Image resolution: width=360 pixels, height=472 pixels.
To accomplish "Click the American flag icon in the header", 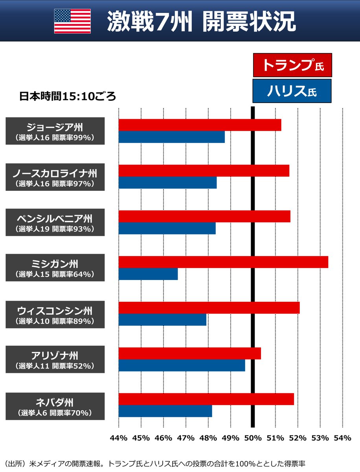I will [72, 21].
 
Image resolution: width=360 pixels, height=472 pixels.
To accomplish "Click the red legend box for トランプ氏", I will [292, 65].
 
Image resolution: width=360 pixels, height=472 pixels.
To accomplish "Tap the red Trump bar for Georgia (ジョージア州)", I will [200, 125].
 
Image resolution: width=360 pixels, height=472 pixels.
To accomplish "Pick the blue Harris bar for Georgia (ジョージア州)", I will [171, 137].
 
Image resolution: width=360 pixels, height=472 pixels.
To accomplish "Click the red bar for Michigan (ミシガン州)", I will [223, 262].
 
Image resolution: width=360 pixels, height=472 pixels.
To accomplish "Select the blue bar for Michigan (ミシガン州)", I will [148, 274].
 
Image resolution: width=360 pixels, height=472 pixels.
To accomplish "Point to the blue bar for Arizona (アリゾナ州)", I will [182, 365].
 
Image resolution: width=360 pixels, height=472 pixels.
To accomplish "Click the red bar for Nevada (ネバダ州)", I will [206, 399].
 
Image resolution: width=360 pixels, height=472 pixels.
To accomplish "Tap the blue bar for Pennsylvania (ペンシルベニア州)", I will [167, 228].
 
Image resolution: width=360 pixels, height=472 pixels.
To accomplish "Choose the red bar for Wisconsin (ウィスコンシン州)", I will [209, 308].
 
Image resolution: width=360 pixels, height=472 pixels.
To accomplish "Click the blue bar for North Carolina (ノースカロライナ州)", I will [167, 183].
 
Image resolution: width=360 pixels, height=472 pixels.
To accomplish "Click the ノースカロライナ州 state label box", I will [55, 177].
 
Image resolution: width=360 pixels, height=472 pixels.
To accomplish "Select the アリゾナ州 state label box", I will [55, 360].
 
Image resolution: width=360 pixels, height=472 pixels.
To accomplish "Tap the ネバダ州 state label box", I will [55, 406].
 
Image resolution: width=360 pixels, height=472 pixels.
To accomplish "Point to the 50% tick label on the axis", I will [253, 438].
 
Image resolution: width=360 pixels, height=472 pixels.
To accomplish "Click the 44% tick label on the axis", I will [119, 438].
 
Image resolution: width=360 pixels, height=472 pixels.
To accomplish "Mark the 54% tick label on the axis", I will [343, 438].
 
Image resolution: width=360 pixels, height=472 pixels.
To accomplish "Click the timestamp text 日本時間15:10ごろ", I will [68, 97].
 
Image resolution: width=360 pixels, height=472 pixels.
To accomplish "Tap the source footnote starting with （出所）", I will [155, 463].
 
